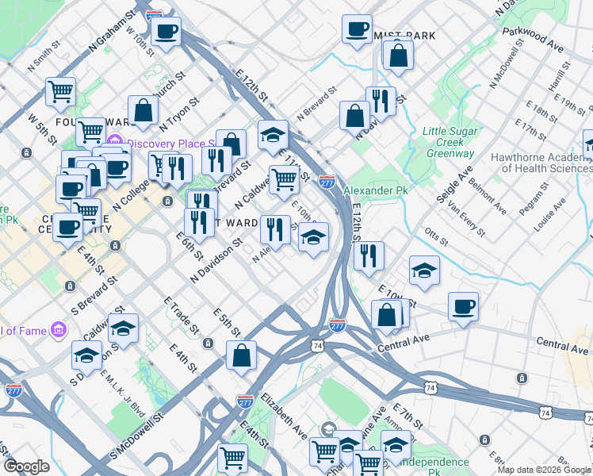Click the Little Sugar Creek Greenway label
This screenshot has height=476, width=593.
pos(449,141)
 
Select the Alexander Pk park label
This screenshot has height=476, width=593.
pos(375,191)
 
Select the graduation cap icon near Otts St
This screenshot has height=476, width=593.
pos(425,270)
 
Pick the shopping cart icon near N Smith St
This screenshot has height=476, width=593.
pos(60,91)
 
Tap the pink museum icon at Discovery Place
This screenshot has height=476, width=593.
pos(115,143)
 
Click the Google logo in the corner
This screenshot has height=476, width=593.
pos(26,466)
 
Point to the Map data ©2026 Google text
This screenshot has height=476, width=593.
pos(543,470)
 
